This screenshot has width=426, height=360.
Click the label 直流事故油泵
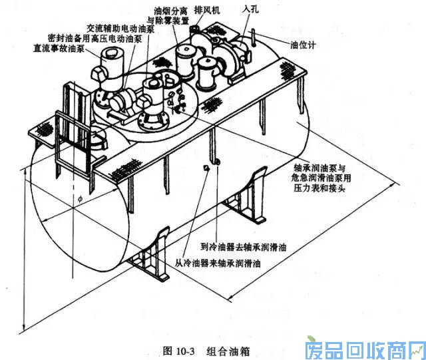click(58, 49)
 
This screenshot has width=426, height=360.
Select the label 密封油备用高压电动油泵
click(88, 39)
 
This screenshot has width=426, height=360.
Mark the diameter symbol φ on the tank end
click(79, 198)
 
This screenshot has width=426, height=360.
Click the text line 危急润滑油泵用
click(323, 178)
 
